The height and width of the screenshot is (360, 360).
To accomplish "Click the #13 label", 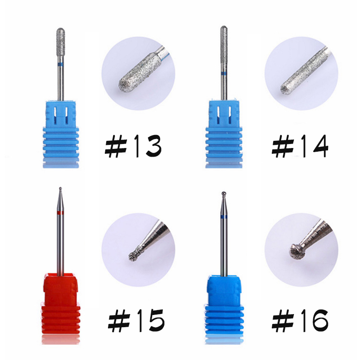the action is [x=133, y=146].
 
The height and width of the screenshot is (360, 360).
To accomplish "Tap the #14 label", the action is [x=300, y=146].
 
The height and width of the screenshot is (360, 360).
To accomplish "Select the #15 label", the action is [x=136, y=320].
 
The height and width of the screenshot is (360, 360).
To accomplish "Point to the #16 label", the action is [x=300, y=320].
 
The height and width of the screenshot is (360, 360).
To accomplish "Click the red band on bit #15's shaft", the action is [x=60, y=212].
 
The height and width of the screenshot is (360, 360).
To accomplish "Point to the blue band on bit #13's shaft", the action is [x=60, y=64].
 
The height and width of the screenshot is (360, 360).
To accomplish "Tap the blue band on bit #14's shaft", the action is [x=224, y=73].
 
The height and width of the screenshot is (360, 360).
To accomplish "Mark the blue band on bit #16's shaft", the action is [x=224, y=217].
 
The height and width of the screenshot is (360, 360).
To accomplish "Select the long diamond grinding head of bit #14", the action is [x=224, y=46].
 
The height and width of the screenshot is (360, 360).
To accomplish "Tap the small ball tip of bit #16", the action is [x=224, y=193].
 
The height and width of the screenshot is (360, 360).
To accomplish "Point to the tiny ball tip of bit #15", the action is [x=60, y=189].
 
